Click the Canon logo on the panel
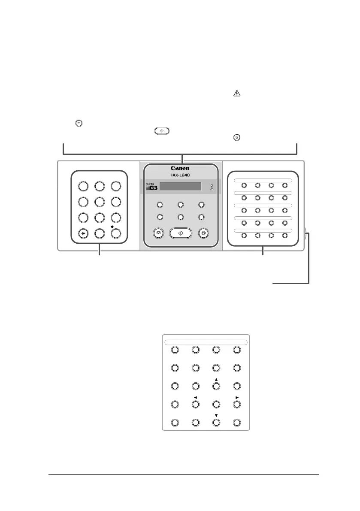click(180, 168)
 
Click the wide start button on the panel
click(180, 233)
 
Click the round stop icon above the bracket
click(237, 137)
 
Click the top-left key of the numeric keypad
click(83, 186)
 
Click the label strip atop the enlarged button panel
click(206, 342)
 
